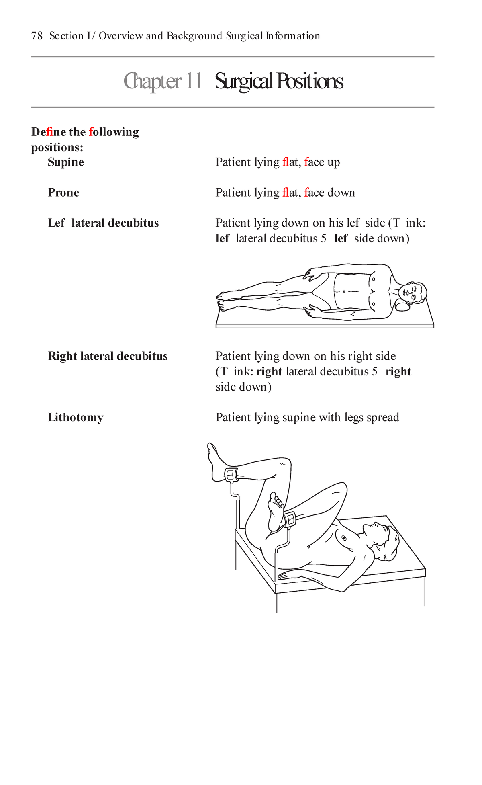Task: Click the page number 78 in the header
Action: coord(37,36)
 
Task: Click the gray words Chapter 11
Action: coord(163,81)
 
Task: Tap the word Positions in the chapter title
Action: coord(309,81)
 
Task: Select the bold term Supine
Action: coord(66,162)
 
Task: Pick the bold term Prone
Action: coord(63,193)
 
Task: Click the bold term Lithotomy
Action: coord(76,418)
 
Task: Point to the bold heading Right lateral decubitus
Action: coord(108,356)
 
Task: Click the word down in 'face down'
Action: coord(341,193)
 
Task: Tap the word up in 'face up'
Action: coord(333,163)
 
